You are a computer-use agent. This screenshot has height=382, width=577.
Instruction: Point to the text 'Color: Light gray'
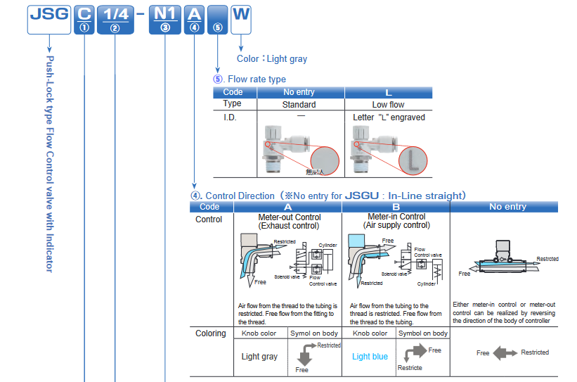[272, 59]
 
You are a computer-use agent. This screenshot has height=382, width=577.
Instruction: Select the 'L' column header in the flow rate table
[389, 93]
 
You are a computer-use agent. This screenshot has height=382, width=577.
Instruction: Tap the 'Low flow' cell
[389, 105]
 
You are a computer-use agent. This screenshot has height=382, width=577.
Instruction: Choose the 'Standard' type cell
[299, 105]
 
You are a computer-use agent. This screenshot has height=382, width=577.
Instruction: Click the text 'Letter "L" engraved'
[389, 117]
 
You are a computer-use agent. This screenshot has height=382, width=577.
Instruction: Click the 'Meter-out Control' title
[290, 217]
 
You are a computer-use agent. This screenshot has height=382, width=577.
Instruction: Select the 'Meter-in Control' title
[396, 217]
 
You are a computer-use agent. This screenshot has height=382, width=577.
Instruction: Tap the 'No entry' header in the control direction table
[507, 207]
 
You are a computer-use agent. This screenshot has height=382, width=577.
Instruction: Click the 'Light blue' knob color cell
[370, 357]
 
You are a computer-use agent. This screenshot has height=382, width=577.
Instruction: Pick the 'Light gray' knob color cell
[260, 357]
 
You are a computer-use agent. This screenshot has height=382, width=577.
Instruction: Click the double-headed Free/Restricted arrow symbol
[505, 353]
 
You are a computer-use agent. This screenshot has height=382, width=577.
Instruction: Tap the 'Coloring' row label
[211, 333]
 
